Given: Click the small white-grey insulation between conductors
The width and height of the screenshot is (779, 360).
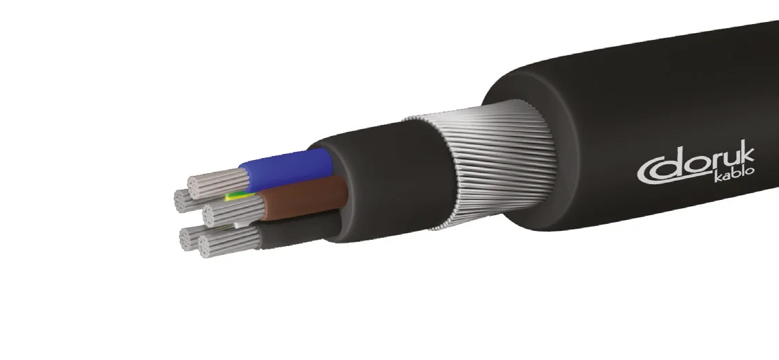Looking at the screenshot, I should (239, 224).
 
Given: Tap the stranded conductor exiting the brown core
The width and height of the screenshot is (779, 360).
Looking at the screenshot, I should (230, 210).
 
